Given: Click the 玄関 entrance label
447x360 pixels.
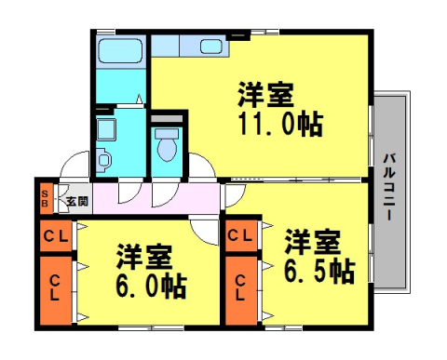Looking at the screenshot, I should (x=76, y=200).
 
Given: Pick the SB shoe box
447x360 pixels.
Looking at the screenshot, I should (x=44, y=199).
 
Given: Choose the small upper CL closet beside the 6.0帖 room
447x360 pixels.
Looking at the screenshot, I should (x=56, y=236).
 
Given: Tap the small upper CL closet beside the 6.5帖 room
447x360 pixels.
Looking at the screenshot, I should (x=241, y=236).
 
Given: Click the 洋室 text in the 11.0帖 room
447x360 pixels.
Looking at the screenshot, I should (x=265, y=95).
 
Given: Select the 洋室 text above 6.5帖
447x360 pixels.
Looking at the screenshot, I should (x=311, y=241).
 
